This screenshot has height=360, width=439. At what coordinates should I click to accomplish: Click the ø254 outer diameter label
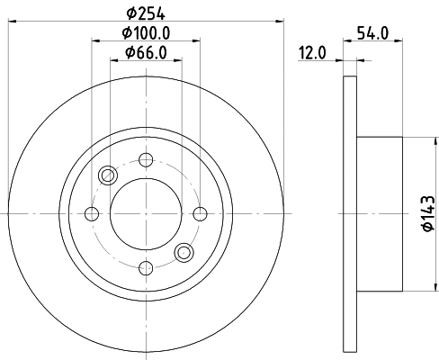point(146,13)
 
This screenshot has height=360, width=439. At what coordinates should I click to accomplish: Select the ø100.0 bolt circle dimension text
point(146,32)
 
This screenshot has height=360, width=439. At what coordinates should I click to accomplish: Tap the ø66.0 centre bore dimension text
point(146,53)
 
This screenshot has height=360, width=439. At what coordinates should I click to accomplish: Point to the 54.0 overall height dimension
point(372,33)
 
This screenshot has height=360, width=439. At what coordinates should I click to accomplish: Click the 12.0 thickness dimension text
point(312,53)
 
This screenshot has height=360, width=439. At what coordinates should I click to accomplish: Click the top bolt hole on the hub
point(146,159)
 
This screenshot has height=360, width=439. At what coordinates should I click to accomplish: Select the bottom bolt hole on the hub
point(146,268)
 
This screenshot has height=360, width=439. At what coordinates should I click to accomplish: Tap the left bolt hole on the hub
point(92,214)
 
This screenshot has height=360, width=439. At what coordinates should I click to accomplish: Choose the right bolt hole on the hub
point(200,214)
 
